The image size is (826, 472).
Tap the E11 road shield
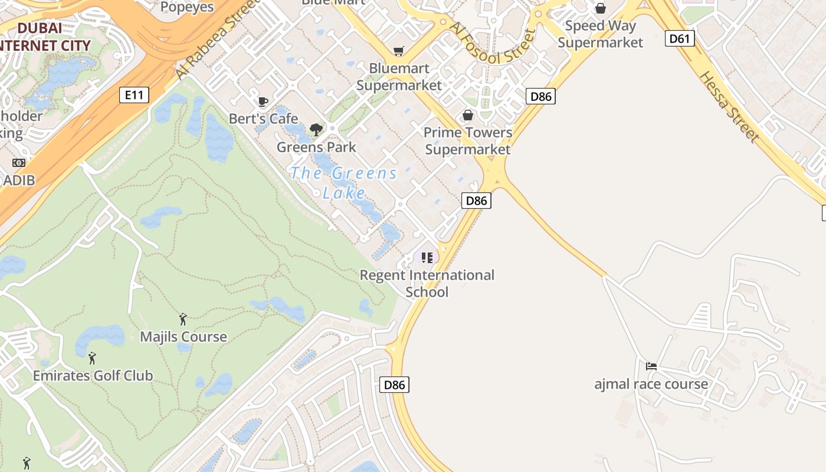(134, 94)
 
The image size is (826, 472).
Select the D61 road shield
(680, 39)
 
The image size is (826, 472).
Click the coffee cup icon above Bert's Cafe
(263, 102)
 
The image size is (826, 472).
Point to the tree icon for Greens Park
(316, 130)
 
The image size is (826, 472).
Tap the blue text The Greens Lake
(344, 182)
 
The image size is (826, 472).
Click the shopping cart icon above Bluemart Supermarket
(399, 51)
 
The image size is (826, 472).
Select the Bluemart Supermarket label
(399, 77)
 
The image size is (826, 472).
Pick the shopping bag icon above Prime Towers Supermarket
(468, 115)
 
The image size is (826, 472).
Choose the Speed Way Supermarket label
(600, 34)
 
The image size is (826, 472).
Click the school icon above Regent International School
(427, 257)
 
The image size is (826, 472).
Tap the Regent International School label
(427, 283)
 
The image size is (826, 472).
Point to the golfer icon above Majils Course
(183, 319)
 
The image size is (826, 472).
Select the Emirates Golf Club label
(93, 375)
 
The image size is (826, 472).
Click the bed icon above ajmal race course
(651, 366)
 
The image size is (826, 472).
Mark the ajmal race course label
(651, 384)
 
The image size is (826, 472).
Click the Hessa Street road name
(729, 107)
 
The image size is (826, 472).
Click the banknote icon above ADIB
(19, 163)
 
